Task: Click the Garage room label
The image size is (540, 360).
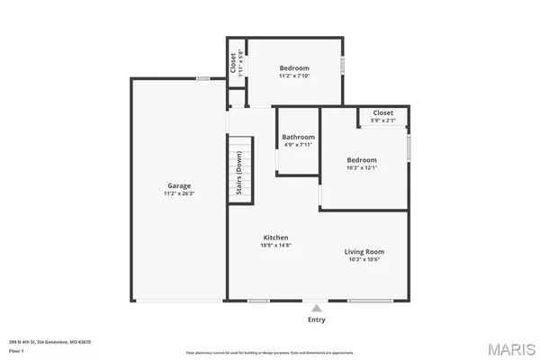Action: (178, 186)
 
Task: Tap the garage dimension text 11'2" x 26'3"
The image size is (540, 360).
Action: (178, 194)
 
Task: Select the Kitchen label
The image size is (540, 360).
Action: (275, 238)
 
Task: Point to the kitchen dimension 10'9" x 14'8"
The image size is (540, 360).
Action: (275, 246)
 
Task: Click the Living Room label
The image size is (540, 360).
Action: (364, 252)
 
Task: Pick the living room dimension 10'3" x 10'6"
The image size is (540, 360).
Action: (364, 260)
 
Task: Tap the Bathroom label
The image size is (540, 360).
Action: (298, 137)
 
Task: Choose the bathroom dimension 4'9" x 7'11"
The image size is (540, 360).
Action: (298, 145)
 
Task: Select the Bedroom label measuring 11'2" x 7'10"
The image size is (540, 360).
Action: (293, 68)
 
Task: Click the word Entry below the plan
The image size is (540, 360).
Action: (317, 319)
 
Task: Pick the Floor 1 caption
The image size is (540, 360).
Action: (16, 350)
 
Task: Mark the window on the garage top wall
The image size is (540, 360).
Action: (204, 78)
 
